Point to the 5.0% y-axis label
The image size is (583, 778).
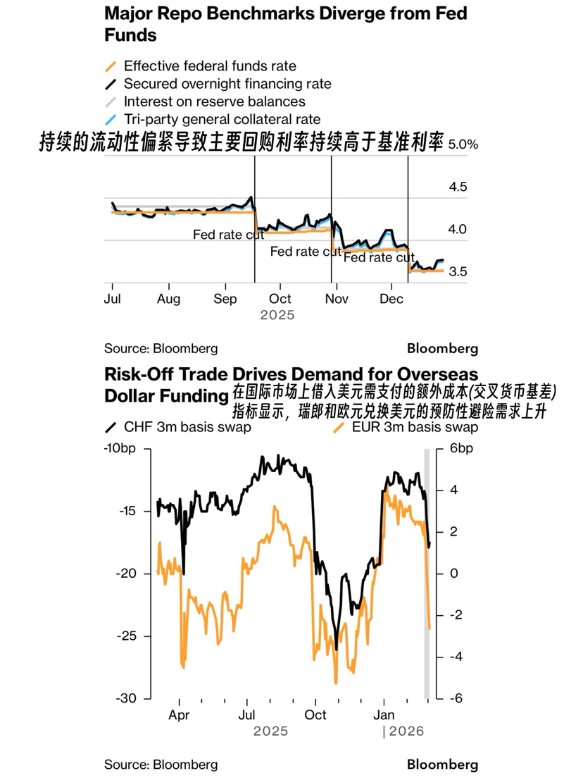tap(463, 144)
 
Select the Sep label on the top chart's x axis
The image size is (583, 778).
tap(225, 299)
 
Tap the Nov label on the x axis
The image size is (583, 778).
tap(337, 299)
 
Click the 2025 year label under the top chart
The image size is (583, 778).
tap(277, 315)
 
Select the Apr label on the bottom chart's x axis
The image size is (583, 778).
tap(180, 715)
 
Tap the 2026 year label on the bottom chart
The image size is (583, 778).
tap(406, 731)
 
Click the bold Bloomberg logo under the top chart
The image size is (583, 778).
tap(442, 348)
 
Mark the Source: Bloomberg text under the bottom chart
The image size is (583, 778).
tap(161, 765)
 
